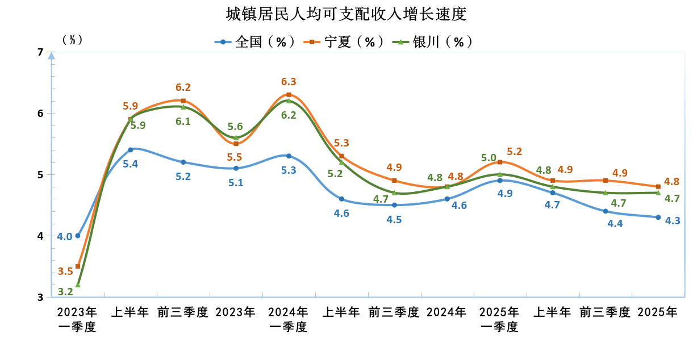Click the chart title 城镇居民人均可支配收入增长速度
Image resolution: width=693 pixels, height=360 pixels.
(x=346, y=14)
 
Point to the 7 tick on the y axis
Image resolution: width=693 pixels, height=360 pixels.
(x=40, y=52)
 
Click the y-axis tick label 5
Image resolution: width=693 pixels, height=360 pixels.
(x=40, y=175)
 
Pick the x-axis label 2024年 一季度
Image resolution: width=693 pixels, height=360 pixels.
(x=288, y=319)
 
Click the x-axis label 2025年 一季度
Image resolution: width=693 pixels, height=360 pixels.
(x=499, y=319)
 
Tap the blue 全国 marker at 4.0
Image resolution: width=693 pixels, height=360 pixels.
(x=78, y=236)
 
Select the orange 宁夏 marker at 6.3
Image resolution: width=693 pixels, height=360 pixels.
(x=289, y=95)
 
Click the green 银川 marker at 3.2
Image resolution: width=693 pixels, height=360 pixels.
(x=78, y=284)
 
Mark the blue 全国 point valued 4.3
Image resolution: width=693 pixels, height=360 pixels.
(x=658, y=217)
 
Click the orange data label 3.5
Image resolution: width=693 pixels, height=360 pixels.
(x=65, y=271)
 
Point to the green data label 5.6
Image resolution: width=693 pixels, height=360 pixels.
(x=235, y=127)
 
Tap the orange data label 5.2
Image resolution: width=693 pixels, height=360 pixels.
(x=514, y=152)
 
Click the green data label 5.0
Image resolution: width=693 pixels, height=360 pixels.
(x=489, y=158)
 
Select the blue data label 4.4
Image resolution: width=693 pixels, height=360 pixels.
(x=615, y=224)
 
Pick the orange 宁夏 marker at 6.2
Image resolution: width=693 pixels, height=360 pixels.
(x=183, y=101)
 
